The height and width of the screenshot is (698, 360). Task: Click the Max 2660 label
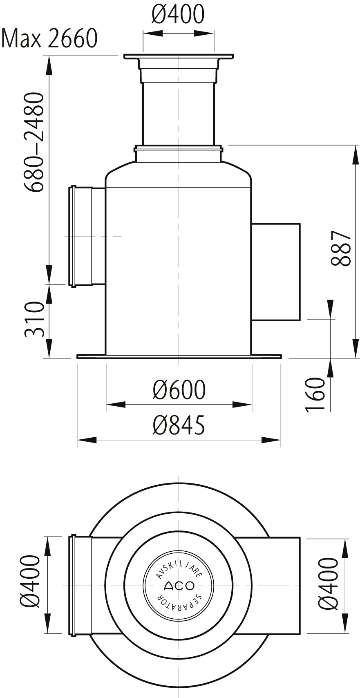point(49,38)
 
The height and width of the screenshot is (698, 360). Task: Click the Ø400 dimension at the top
point(178,14)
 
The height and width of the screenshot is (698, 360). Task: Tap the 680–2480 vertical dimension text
point(34,142)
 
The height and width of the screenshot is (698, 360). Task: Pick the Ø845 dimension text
point(179,425)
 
